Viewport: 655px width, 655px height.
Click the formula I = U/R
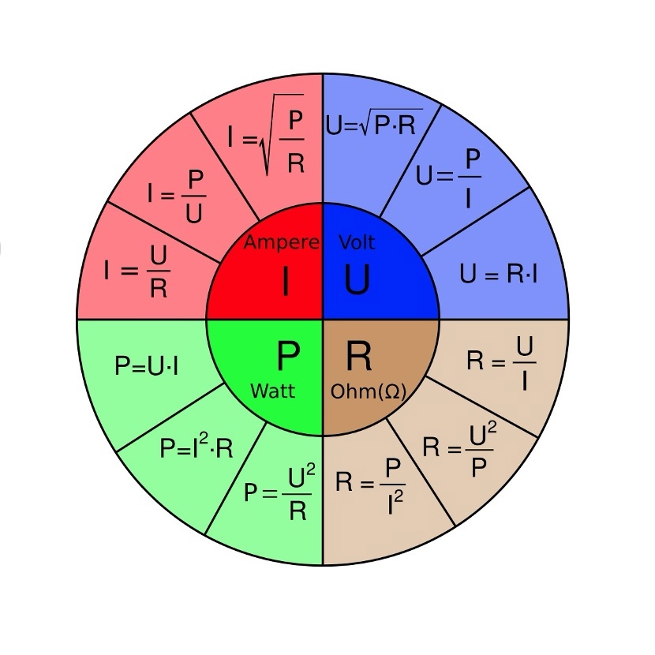137,271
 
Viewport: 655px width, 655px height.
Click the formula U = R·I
500,275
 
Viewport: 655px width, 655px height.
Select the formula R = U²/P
460,448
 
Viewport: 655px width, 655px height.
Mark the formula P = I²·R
196,448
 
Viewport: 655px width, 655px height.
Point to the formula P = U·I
152,366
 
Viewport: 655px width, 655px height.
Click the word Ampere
281,242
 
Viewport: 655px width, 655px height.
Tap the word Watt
272,391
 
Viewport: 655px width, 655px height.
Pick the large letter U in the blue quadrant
357,280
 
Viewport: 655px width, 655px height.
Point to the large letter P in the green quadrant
288,357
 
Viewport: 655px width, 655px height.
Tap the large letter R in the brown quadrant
359,357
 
